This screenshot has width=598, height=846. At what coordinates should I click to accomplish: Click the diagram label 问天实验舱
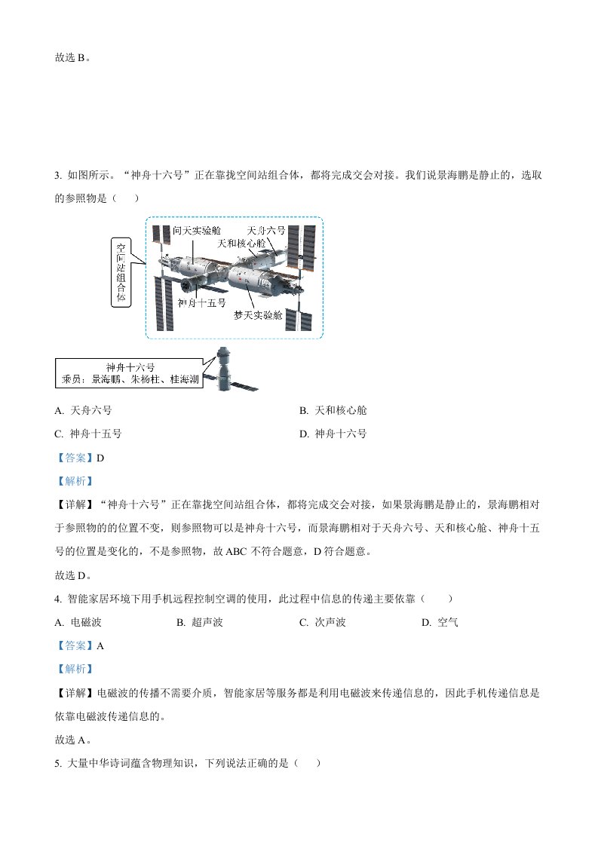pyautogui.click(x=197, y=231)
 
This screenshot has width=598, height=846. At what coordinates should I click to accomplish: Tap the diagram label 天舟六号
pyautogui.click(x=266, y=231)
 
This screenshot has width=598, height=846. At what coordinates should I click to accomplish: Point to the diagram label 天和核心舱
pyautogui.click(x=241, y=244)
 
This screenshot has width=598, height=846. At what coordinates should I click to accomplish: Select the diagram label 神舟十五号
pyautogui.click(x=202, y=302)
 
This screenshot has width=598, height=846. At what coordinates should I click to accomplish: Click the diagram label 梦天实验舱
pyautogui.click(x=258, y=315)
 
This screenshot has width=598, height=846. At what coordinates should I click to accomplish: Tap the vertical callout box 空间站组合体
pyautogui.click(x=121, y=272)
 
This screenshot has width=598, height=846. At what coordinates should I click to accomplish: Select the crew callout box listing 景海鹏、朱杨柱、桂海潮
pyautogui.click(x=130, y=373)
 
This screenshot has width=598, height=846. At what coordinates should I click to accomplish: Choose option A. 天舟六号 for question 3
pyautogui.click(x=83, y=411)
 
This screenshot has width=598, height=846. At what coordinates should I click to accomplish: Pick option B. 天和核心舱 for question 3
pyautogui.click(x=333, y=411)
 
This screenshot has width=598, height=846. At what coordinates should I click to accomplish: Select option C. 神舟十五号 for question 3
pyautogui.click(x=88, y=434)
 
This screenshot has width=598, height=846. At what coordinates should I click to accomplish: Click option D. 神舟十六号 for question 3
pyautogui.click(x=333, y=434)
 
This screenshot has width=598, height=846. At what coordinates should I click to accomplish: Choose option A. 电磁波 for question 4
pyautogui.click(x=78, y=623)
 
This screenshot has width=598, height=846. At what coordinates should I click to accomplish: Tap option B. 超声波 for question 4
pyautogui.click(x=200, y=623)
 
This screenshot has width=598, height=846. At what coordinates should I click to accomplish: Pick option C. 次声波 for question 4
pyautogui.click(x=323, y=623)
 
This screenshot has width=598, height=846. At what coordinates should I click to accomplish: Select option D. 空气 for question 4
pyautogui.click(x=440, y=623)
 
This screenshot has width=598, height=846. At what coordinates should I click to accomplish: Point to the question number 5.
pyautogui.click(x=58, y=764)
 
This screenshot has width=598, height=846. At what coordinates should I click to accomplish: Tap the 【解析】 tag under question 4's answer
pyautogui.click(x=75, y=669)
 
